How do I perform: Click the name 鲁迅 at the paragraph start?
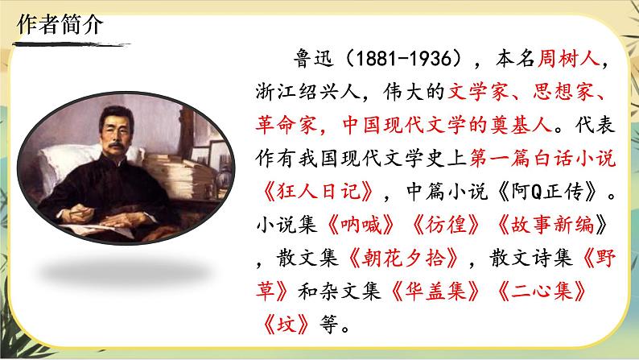293,64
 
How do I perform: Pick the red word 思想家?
565,96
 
